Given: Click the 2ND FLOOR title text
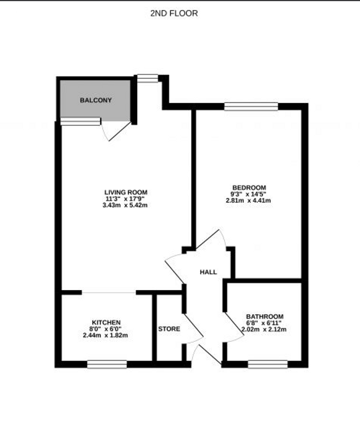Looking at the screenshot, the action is pos(174,13).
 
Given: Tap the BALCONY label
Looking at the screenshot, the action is pos(96,100).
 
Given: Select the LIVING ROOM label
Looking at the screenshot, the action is pos(126,193).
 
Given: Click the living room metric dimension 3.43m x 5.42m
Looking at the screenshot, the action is pos(125,206).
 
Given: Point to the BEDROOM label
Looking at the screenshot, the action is pos(249,188).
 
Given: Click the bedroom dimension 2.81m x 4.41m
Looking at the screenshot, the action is pos(248,201).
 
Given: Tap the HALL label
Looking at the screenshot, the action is pos(208,272).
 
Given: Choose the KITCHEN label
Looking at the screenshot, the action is pos(106,322).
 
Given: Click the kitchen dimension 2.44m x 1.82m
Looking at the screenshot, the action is pos(106,335).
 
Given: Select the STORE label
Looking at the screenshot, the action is pos(169,329).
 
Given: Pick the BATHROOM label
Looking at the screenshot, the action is pos(265,317).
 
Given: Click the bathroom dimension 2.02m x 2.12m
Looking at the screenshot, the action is pos(264,329).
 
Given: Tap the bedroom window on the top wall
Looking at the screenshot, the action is pos(251,106).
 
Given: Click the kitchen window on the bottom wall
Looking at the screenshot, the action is pos(107,364).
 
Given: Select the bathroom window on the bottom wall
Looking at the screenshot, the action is pos(267,364).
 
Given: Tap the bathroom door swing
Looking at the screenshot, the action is pos(234,327).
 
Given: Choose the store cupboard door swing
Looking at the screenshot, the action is pos(193,328).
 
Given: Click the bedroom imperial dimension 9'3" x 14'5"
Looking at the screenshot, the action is pos(248,194).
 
